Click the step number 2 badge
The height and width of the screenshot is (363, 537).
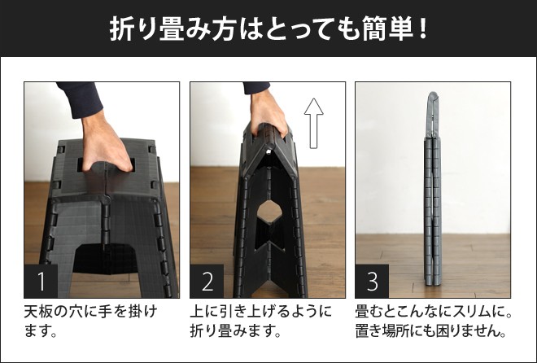(207, 282)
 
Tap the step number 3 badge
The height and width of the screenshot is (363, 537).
(372, 282)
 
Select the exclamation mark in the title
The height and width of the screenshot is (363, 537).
(421, 28)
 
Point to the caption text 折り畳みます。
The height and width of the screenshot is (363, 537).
(235, 331)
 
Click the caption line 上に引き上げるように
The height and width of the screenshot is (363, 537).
(261, 312)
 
